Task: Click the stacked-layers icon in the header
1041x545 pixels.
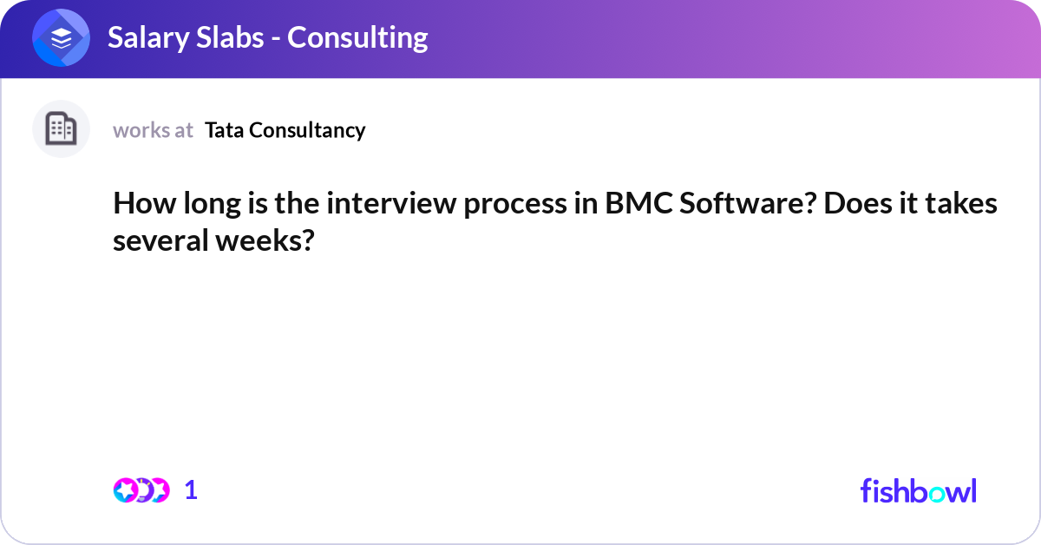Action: tap(61, 37)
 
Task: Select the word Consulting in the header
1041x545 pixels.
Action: tap(357, 38)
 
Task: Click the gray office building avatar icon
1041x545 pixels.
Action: tap(61, 128)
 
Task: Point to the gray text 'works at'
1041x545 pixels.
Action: tap(153, 130)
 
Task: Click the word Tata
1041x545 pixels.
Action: tap(224, 130)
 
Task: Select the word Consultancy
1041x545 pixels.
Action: tap(307, 131)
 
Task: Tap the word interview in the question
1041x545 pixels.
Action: tap(392, 204)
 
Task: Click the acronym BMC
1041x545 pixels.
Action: tap(639, 204)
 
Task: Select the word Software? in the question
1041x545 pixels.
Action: tap(748, 204)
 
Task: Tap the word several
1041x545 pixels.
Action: tap(160, 241)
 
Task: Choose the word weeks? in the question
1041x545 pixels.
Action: tap(265, 241)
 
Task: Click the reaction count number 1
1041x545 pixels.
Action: tap(191, 490)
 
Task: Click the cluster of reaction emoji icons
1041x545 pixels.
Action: tap(141, 490)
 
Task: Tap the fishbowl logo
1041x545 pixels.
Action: tap(919, 490)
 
